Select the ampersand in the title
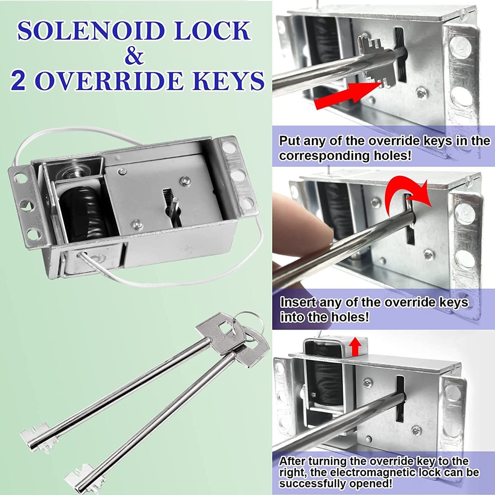coord(133,55)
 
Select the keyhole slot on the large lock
coord(171,205)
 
